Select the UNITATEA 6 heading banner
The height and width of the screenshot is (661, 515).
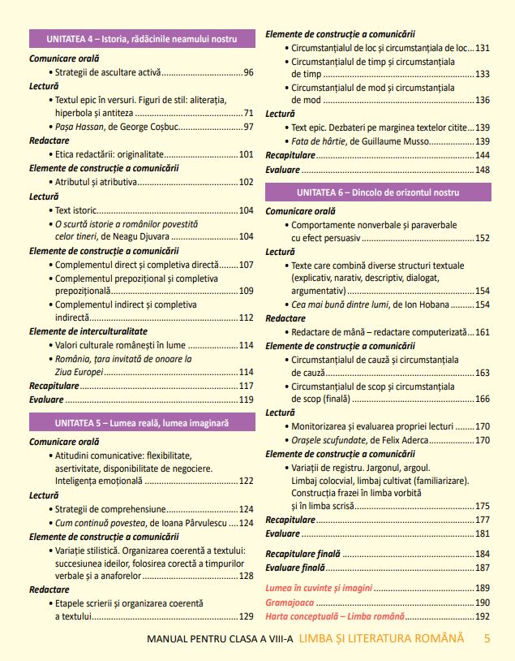(x=378, y=192)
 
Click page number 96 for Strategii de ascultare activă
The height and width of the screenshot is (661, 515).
(x=248, y=73)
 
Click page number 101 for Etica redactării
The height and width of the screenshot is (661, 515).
(x=247, y=153)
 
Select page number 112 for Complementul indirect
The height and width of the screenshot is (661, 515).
(x=247, y=318)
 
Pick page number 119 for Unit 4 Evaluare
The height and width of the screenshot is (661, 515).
(x=247, y=400)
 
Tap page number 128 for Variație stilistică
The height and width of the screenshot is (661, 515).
(x=247, y=576)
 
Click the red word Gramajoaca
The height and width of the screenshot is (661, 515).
(x=289, y=603)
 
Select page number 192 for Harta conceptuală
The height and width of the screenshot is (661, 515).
(x=483, y=616)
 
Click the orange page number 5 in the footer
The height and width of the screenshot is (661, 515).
(x=487, y=638)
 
